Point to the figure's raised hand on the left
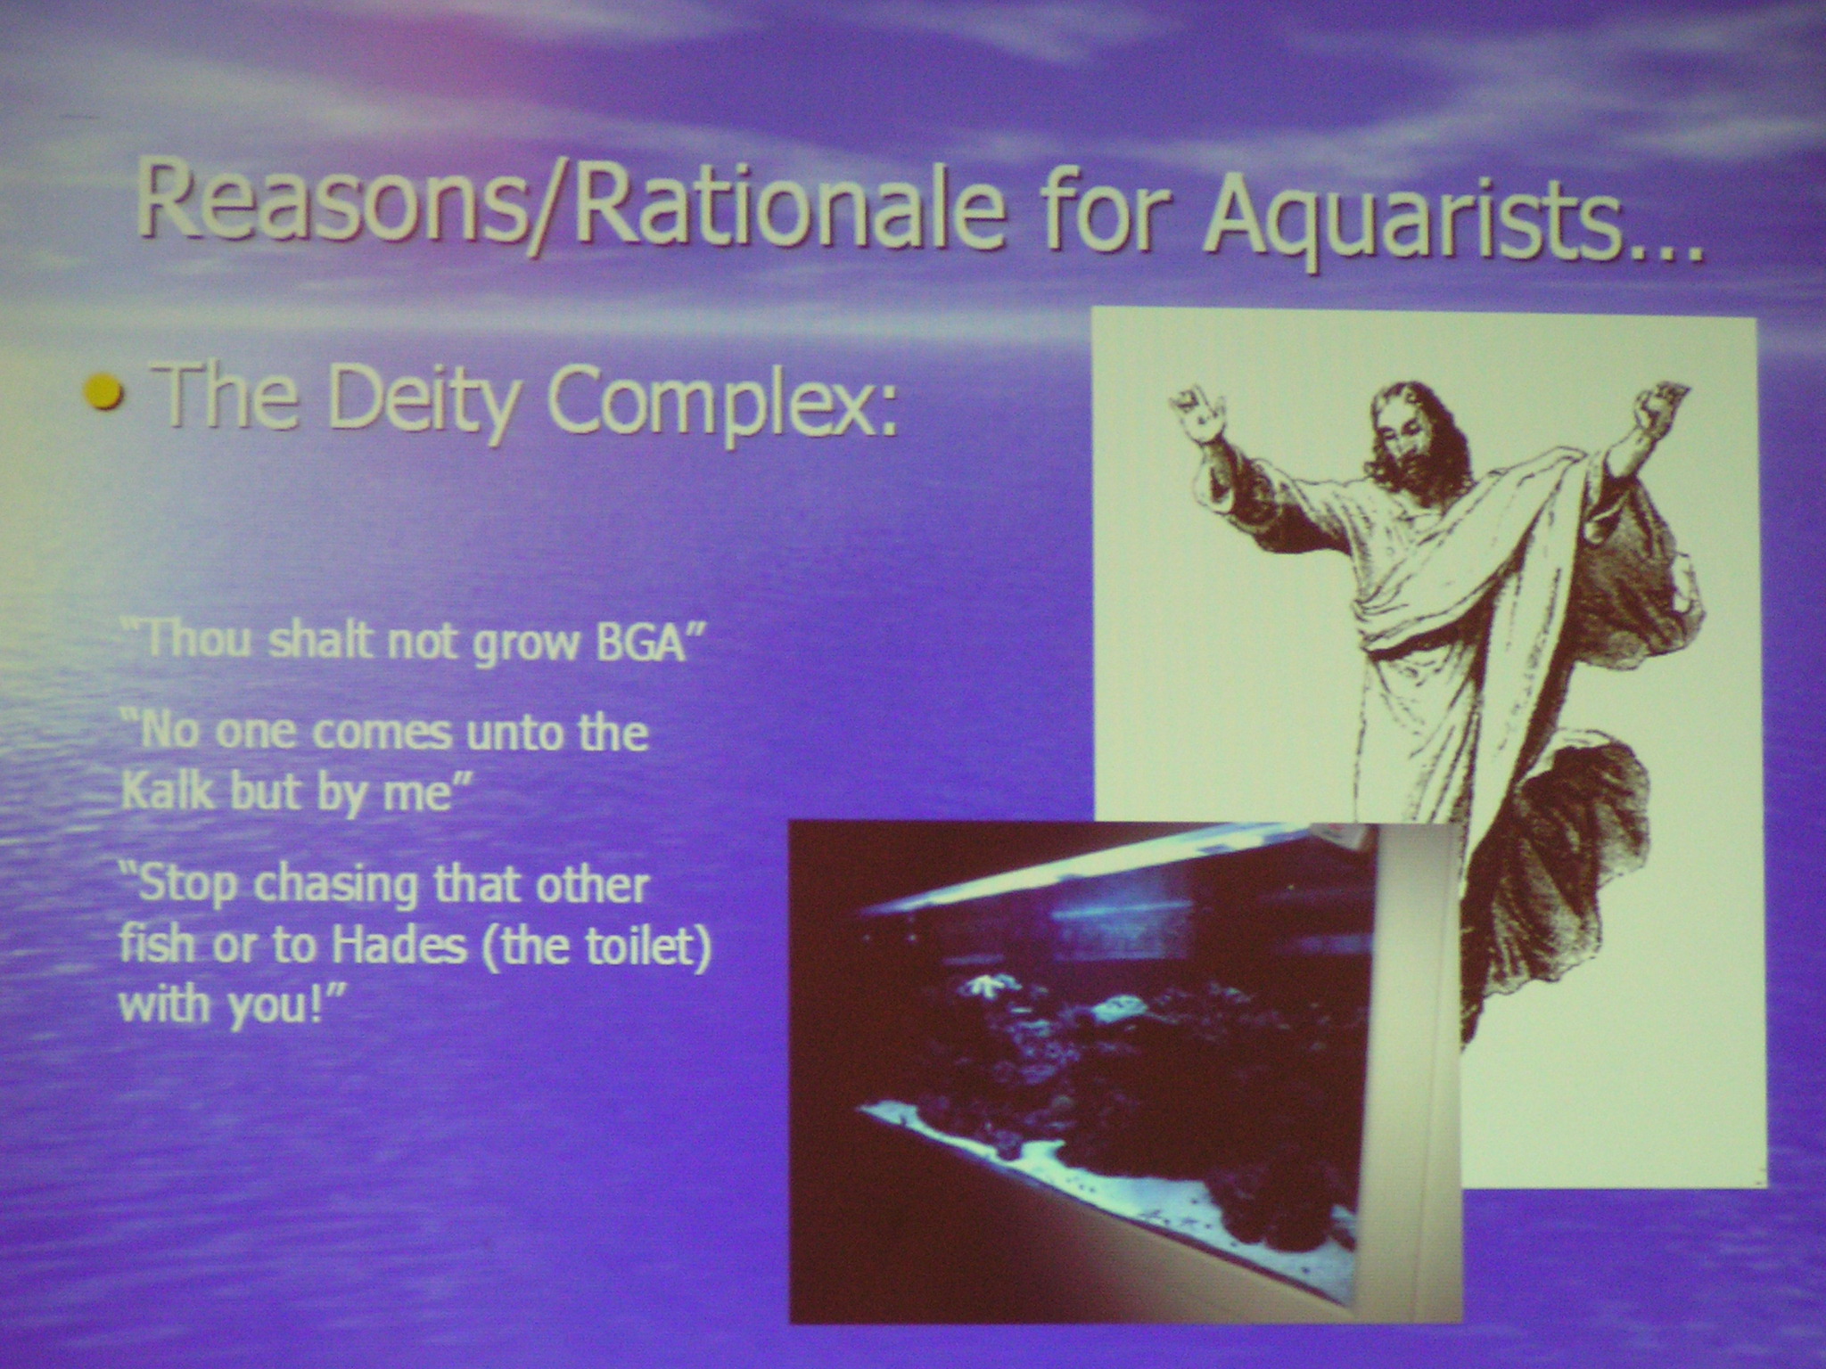coord(1199,414)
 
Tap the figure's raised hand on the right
coord(1660,409)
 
